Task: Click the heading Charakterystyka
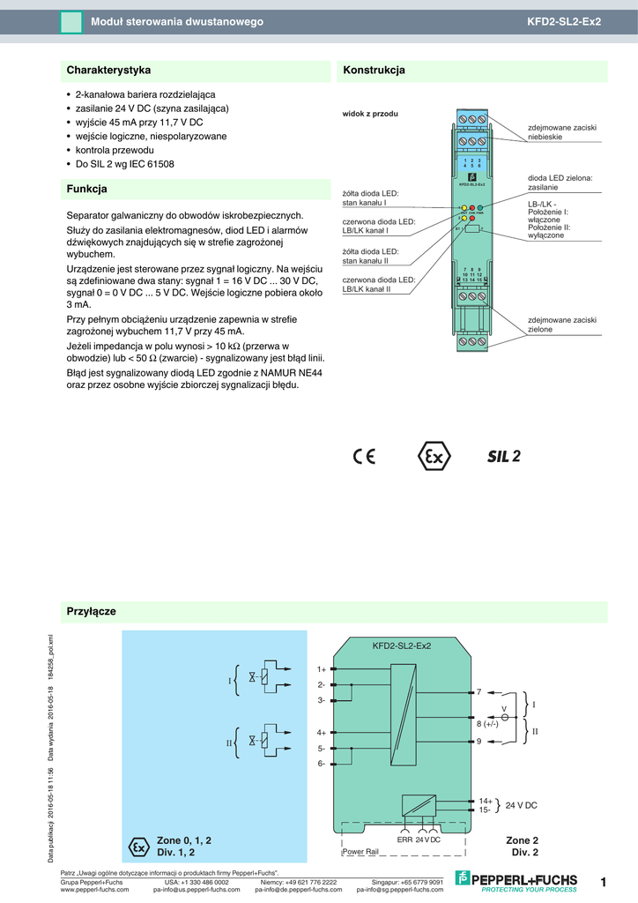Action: click(109, 70)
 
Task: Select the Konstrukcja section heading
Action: click(374, 70)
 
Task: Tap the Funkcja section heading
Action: click(87, 189)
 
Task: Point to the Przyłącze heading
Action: click(92, 610)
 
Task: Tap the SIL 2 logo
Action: click(504, 456)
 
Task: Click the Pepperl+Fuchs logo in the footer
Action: click(516, 880)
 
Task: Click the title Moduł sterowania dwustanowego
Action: click(177, 21)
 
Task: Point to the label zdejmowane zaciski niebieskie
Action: click(561, 132)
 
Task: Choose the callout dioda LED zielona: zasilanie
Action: click(560, 183)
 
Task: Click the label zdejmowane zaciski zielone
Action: click(561, 325)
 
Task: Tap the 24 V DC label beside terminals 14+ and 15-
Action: click(521, 806)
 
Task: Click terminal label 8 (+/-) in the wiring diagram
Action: click(487, 724)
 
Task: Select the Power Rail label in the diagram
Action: click(360, 852)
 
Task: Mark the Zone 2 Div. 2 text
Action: click(522, 847)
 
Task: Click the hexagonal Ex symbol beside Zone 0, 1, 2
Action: click(139, 847)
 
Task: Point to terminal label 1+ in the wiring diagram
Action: click(322, 669)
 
